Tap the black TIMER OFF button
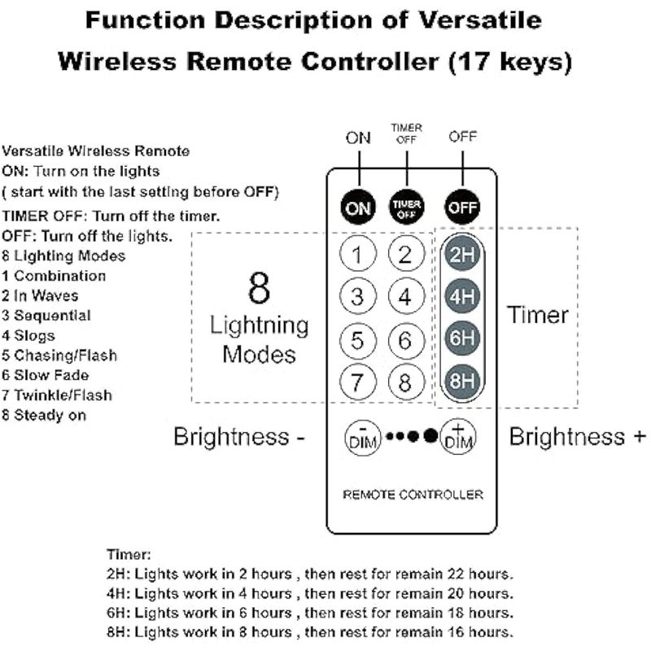(x=406, y=207)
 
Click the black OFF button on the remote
(x=462, y=207)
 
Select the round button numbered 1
(x=357, y=255)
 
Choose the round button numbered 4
(x=405, y=296)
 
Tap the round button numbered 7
(x=357, y=381)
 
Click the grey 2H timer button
(x=461, y=255)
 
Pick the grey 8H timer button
(x=461, y=381)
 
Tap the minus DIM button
(x=362, y=437)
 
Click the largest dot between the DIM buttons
(x=430, y=435)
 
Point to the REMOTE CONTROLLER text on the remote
(x=413, y=495)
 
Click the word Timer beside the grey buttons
(x=538, y=315)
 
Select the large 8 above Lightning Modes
(x=259, y=288)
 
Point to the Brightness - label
(x=238, y=437)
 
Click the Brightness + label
(x=578, y=437)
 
